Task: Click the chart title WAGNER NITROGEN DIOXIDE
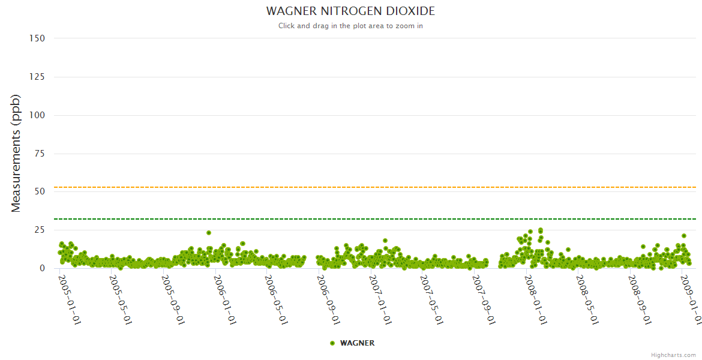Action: pyautogui.click(x=350, y=11)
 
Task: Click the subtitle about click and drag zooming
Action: pyautogui.click(x=350, y=26)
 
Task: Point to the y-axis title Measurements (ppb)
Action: pyautogui.click(x=16, y=153)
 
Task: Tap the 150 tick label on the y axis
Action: pyautogui.click(x=37, y=38)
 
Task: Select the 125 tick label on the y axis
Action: pyautogui.click(x=37, y=77)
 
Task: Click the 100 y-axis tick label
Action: pyautogui.click(x=37, y=115)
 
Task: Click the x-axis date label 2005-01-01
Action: pyautogui.click(x=70, y=299)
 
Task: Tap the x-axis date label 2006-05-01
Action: pyautogui.click(x=277, y=299)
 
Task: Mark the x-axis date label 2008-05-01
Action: pyautogui.click(x=588, y=299)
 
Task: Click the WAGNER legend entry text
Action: pyautogui.click(x=357, y=343)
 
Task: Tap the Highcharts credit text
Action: pyautogui.click(x=674, y=355)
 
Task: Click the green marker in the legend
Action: pyautogui.click(x=332, y=343)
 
